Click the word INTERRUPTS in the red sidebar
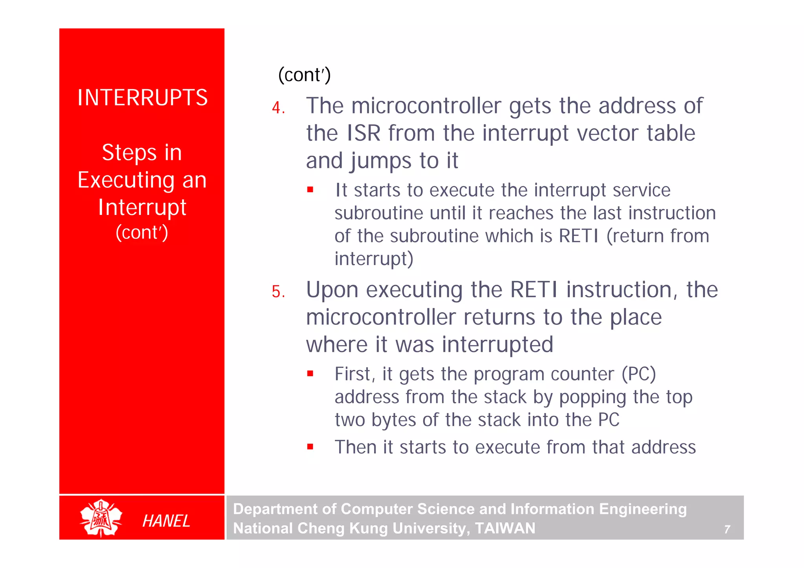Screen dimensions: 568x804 [x=142, y=98]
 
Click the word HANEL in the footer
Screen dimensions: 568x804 [x=166, y=521]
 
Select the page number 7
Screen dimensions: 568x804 [x=727, y=530]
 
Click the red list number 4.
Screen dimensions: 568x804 [x=278, y=108]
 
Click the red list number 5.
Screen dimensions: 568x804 [x=278, y=292]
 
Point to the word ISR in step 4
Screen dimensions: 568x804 [x=364, y=133]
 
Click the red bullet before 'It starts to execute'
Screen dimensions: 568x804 [x=310, y=190]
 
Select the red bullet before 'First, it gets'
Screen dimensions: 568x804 [x=310, y=373]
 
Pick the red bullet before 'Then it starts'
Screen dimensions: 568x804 [x=310, y=446]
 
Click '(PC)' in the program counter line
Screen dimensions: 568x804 [x=639, y=374]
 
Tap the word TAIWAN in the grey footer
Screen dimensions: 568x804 [x=505, y=528]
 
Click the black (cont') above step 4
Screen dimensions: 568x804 [x=304, y=75]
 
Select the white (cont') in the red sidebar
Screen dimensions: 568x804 [x=142, y=232]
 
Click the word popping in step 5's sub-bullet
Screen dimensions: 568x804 [x=592, y=397]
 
